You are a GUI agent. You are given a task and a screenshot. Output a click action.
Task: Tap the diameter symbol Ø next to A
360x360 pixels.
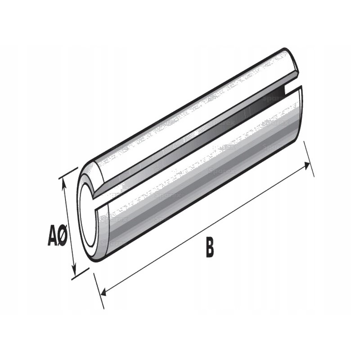[63, 236]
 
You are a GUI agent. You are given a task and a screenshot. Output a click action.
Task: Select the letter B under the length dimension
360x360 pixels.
[210, 248]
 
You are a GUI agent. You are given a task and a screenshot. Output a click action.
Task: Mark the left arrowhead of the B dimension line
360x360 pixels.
[103, 293]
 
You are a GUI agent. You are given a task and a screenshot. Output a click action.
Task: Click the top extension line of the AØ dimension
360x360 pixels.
[68, 173]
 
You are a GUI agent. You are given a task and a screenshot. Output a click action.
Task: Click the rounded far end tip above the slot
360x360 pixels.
[292, 61]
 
